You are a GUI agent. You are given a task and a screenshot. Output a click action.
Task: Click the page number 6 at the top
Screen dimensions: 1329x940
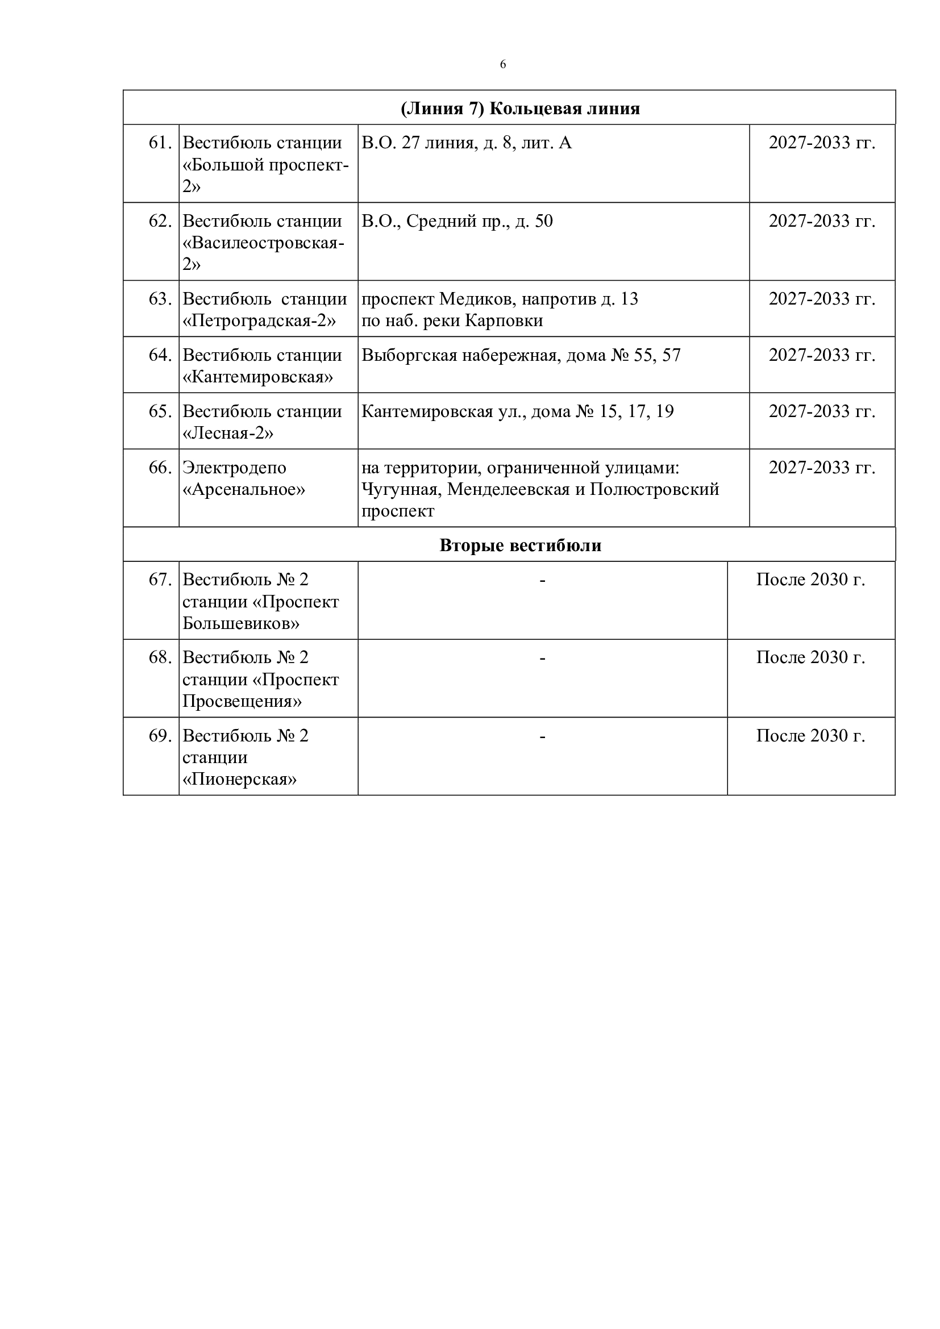(x=502, y=64)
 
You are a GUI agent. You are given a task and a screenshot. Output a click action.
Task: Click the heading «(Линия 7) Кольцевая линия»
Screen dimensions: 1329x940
(x=521, y=109)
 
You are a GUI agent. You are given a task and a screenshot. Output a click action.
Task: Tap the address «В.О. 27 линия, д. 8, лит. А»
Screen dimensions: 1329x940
(x=467, y=143)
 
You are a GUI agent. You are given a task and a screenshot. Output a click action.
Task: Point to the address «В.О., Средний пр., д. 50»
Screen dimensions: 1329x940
(x=457, y=220)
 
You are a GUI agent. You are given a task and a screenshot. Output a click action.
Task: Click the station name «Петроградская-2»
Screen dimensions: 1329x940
(x=259, y=320)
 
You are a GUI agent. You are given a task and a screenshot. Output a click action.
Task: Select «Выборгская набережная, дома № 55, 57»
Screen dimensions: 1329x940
(x=521, y=355)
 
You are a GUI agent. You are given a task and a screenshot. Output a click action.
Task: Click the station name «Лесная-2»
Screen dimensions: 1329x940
(x=227, y=433)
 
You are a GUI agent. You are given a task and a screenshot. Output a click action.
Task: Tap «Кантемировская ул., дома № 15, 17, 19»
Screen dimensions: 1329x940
(x=518, y=411)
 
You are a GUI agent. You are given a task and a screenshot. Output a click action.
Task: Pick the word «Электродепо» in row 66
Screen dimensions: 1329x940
(x=234, y=467)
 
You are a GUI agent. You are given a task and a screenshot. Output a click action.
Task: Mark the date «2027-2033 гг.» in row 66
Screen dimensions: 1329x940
(x=821, y=467)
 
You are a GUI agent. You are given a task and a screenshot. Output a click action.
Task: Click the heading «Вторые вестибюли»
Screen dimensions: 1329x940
(x=521, y=545)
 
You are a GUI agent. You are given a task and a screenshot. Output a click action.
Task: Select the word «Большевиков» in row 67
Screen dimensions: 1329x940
(x=241, y=623)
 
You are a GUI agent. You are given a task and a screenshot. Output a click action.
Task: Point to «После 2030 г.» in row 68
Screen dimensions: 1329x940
(x=810, y=657)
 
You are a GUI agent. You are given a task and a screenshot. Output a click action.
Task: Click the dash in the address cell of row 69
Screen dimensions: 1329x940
(x=542, y=736)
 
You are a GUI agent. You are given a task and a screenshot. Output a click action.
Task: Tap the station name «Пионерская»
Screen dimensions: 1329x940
(x=239, y=779)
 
